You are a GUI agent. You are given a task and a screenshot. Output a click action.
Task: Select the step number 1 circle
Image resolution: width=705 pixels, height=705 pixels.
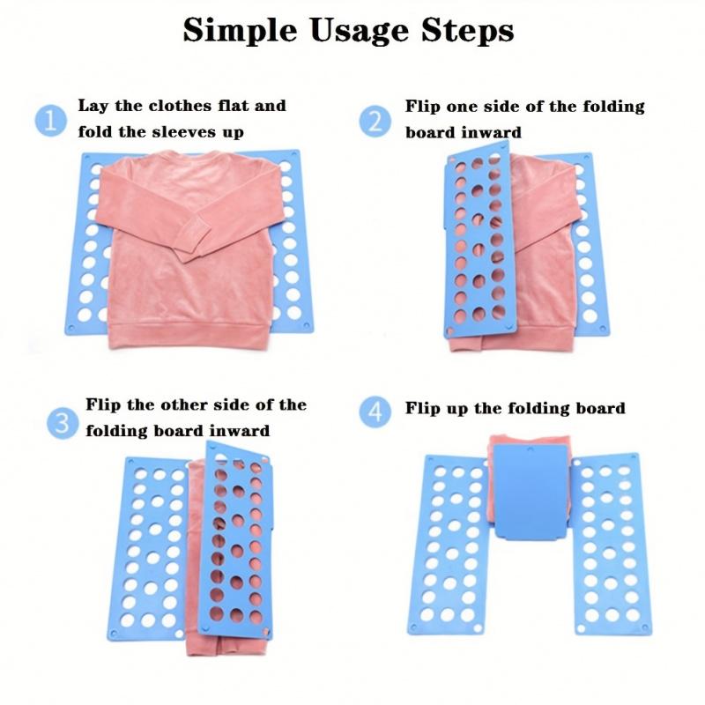pyautogui.click(x=52, y=120)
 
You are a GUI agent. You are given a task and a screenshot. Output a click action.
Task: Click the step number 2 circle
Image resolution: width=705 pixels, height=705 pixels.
pyautogui.click(x=376, y=120)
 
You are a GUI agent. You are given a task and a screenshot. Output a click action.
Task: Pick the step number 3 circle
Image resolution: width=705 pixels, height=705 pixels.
pyautogui.click(x=61, y=422)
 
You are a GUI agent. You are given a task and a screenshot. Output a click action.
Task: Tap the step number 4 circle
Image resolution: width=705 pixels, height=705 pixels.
pyautogui.click(x=376, y=411)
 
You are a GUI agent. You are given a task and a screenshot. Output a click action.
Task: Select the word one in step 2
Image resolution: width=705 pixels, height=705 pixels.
pyautogui.click(x=466, y=107)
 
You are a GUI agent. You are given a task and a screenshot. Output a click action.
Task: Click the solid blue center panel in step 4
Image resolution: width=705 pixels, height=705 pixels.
pyautogui.click(x=529, y=489)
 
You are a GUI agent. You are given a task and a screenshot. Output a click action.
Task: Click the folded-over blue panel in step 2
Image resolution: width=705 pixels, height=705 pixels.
pyautogui.click(x=478, y=238)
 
